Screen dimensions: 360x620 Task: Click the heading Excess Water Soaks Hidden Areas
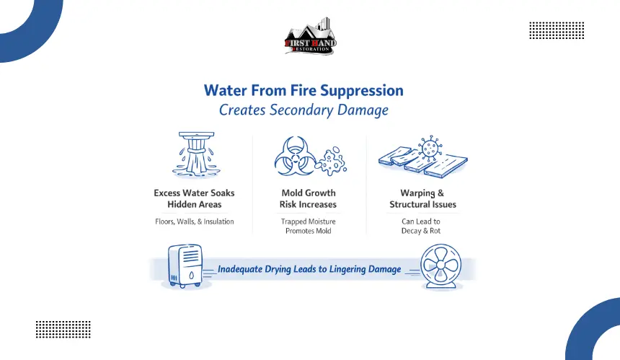194,198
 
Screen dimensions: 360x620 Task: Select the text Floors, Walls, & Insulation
194,221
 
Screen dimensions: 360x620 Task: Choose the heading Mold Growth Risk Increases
309,198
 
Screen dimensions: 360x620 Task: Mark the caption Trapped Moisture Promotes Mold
309,226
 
